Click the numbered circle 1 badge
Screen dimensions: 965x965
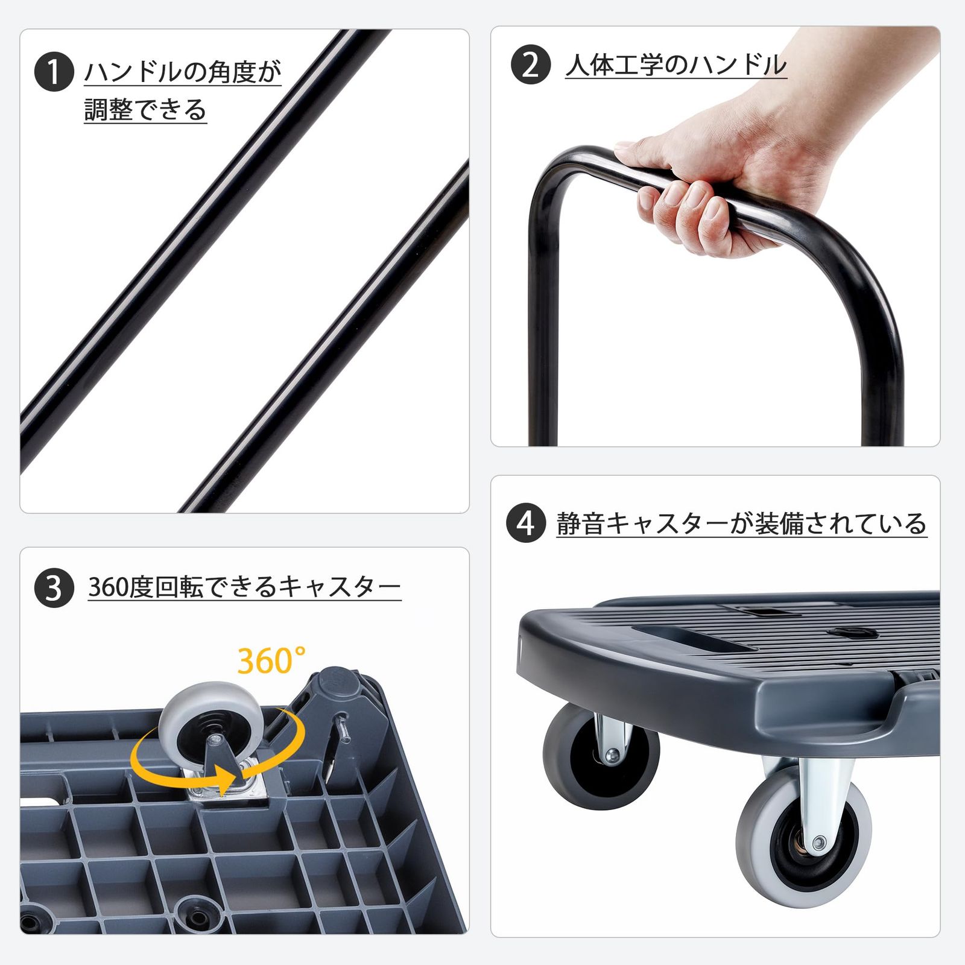[54, 72]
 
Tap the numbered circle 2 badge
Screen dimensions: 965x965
[531, 64]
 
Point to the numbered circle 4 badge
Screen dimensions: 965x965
[526, 523]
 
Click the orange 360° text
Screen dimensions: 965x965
[271, 660]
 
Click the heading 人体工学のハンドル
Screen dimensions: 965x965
[676, 65]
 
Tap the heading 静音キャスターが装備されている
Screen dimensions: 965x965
[741, 524]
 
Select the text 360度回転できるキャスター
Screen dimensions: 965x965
[244, 587]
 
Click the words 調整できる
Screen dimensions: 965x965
[145, 110]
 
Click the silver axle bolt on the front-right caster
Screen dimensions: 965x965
[818, 841]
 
